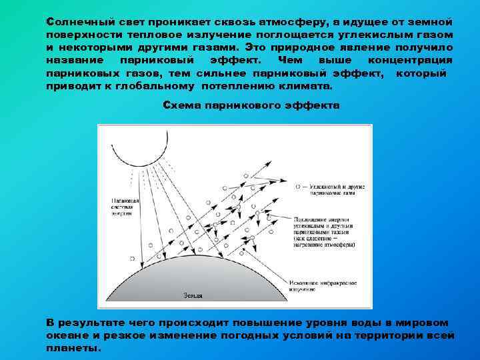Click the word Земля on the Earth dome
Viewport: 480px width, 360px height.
pyautogui.click(x=193, y=294)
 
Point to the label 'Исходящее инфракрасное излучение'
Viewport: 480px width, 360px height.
pyautogui.click(x=323, y=286)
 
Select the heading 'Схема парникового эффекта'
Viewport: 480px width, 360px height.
pyautogui.click(x=251, y=105)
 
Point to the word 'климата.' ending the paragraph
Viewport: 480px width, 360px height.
pyautogui.click(x=309, y=87)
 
